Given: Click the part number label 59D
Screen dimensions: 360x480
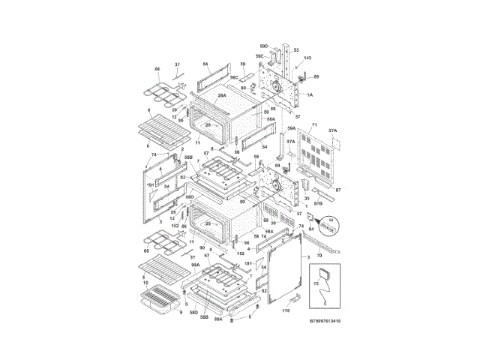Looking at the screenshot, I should point(265,47).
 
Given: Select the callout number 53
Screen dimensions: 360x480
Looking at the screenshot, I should point(296,50).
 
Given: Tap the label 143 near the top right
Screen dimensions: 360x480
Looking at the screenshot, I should point(307,58).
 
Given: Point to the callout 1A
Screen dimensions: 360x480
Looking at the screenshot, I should point(310,95).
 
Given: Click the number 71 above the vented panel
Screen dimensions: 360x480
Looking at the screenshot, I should point(315,123).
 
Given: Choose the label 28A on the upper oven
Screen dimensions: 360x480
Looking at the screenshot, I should point(222,96).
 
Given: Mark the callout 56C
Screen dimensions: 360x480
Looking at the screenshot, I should point(234,77).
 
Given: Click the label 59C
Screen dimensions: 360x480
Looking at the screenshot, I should point(259,56).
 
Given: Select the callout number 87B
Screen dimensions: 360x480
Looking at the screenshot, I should point(318,203).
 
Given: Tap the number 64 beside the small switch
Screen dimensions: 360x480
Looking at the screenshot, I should point(312,229).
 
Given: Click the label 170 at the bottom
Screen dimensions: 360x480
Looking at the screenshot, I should point(286,310).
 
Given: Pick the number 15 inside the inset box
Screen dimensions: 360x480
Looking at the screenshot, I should point(316,283).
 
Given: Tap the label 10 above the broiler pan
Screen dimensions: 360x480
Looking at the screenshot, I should point(146,283).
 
